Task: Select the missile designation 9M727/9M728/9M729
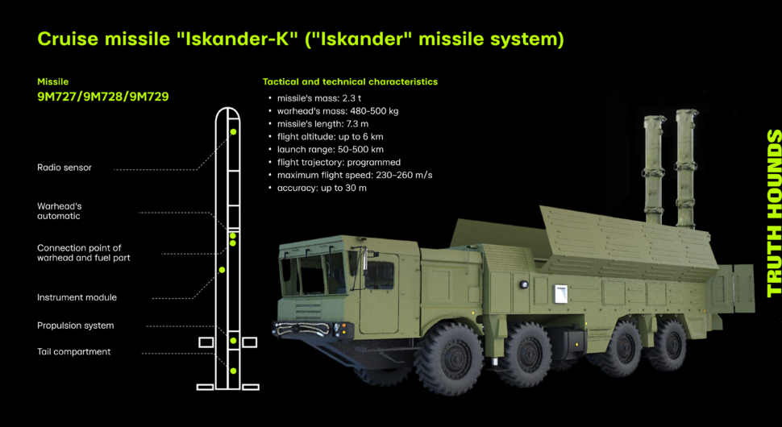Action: pos(103,96)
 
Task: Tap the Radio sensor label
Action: pos(64,168)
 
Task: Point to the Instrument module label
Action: pos(77,297)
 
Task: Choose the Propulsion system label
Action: pos(75,325)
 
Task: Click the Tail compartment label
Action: pos(74,352)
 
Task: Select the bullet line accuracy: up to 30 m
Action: pos(317,188)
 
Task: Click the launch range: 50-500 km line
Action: pos(326,150)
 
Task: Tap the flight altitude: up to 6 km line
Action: pos(326,136)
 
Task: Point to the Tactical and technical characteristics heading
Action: pos(350,81)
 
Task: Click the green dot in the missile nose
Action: pos(233,131)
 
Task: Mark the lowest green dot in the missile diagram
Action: pos(233,371)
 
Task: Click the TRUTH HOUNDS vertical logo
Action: pos(773,213)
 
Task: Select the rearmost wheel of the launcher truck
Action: pos(668,344)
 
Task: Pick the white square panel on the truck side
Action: pos(560,293)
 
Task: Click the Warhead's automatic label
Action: pos(60,211)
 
